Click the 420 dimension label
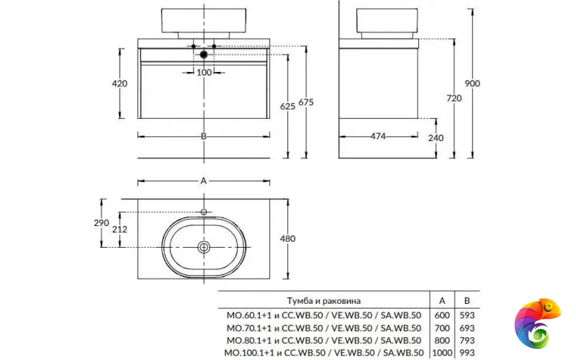(x=120, y=84)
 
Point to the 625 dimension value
(x=287, y=107)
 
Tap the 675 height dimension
(x=306, y=102)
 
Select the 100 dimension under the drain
(x=204, y=72)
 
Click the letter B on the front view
(x=204, y=136)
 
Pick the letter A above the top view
(x=204, y=181)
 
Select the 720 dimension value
(x=454, y=98)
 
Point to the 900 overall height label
(x=472, y=84)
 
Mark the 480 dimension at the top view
(x=288, y=238)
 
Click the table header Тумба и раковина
(x=323, y=300)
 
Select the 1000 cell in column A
(x=441, y=352)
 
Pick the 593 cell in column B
(x=467, y=314)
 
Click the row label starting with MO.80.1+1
(x=324, y=340)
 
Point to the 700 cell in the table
(x=441, y=327)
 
